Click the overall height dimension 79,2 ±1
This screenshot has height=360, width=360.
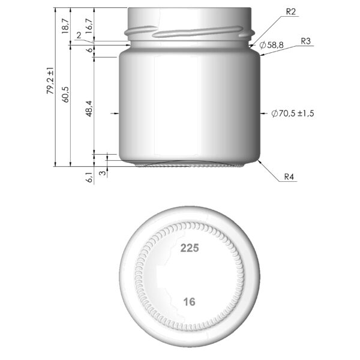click(x=53, y=80)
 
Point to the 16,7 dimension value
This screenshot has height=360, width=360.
click(x=89, y=25)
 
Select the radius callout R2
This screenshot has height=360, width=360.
click(x=292, y=11)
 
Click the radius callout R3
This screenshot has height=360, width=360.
click(x=305, y=41)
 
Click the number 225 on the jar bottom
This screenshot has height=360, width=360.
click(x=190, y=247)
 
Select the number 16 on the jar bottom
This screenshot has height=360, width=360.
click(x=190, y=302)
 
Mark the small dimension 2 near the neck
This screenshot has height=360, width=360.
click(x=79, y=35)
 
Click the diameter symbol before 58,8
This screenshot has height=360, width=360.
click(x=262, y=45)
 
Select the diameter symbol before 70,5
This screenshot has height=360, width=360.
click(x=274, y=113)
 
